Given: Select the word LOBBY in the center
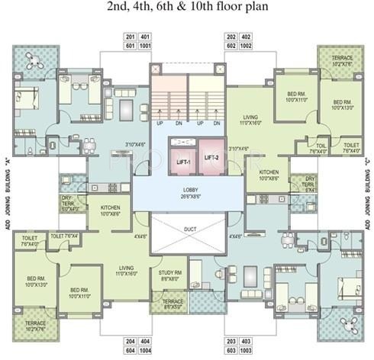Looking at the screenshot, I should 190,191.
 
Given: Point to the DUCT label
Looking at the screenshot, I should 190,228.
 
